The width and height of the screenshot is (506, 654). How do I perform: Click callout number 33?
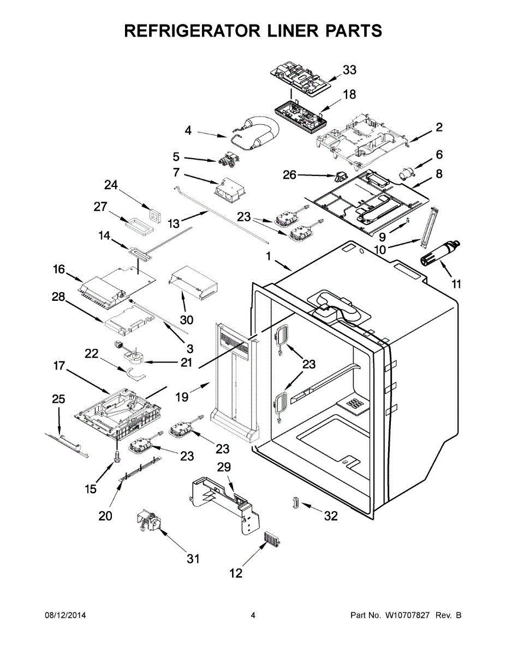tap(349, 70)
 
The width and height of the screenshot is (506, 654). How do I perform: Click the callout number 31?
tap(193, 559)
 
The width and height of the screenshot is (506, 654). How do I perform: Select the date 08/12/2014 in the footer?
tap(65, 616)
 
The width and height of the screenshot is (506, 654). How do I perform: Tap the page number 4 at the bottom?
tap(253, 616)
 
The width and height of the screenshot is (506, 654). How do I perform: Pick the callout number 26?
tap(290, 175)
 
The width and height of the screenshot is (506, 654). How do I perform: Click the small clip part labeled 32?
tap(295, 501)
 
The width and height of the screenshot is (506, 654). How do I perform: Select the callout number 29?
tap(224, 467)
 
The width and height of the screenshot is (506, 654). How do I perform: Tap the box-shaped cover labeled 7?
tap(231, 189)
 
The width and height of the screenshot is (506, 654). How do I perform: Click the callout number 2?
tap(439, 128)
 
